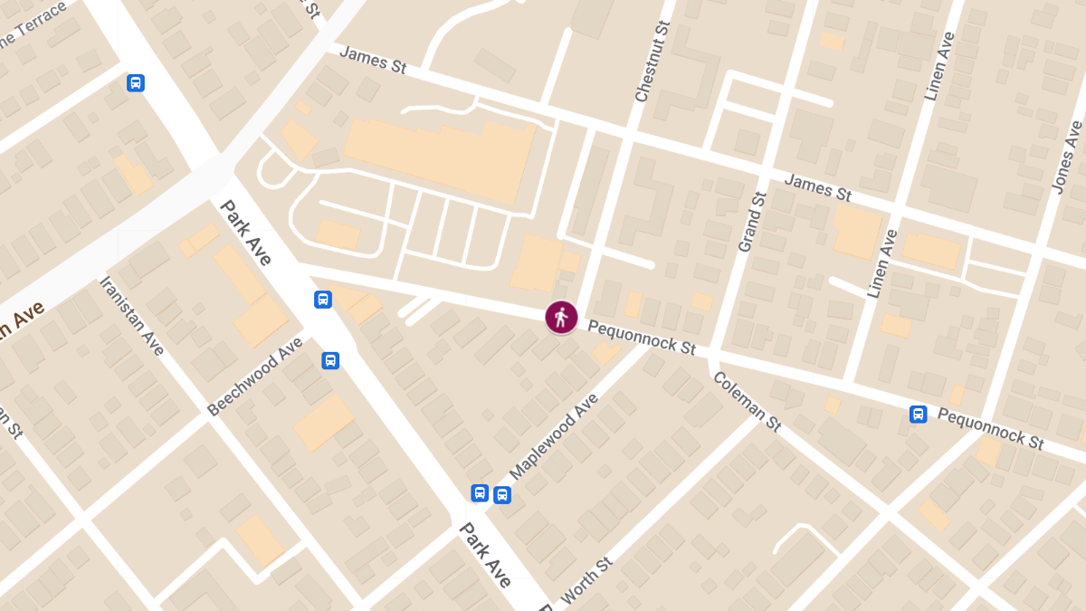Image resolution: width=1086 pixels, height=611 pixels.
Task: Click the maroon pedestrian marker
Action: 561,318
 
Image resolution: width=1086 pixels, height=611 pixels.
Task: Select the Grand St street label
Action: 752,223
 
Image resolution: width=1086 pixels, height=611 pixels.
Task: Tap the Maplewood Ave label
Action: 555,436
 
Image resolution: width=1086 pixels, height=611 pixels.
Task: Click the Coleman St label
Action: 747,402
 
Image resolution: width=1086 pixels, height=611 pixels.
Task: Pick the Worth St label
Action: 587,580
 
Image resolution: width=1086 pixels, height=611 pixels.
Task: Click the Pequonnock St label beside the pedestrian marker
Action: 641,336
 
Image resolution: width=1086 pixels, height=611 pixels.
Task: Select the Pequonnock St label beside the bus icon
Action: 991,428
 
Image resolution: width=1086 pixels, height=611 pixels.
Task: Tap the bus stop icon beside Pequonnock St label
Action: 919,415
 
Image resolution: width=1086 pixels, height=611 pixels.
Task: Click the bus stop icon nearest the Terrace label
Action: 136,83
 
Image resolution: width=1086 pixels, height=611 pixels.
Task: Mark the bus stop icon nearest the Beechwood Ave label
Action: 330,360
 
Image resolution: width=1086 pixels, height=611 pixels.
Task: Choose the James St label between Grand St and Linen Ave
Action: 817,188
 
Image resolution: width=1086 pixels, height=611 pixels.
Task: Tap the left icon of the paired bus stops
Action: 481,493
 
